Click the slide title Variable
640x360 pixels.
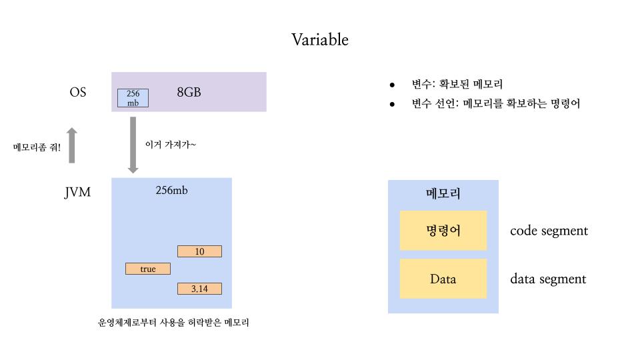[319, 40]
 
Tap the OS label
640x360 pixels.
[78, 92]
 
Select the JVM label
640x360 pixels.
[78, 193]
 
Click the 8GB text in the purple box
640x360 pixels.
[189, 92]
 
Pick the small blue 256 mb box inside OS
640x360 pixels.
[133, 98]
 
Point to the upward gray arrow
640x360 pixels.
[73, 145]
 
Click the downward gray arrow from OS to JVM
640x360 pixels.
[133, 145]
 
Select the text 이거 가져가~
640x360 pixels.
[171, 143]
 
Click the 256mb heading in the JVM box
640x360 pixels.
[171, 190]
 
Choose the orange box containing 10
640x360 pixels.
[199, 251]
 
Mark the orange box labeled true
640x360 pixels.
[148, 269]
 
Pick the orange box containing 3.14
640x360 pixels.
[199, 289]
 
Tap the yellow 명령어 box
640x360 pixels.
[443, 231]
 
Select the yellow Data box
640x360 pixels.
[443, 279]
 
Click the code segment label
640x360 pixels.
[549, 231]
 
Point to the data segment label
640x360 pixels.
[548, 279]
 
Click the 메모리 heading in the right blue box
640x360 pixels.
[443, 194]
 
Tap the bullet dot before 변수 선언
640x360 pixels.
[393, 104]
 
